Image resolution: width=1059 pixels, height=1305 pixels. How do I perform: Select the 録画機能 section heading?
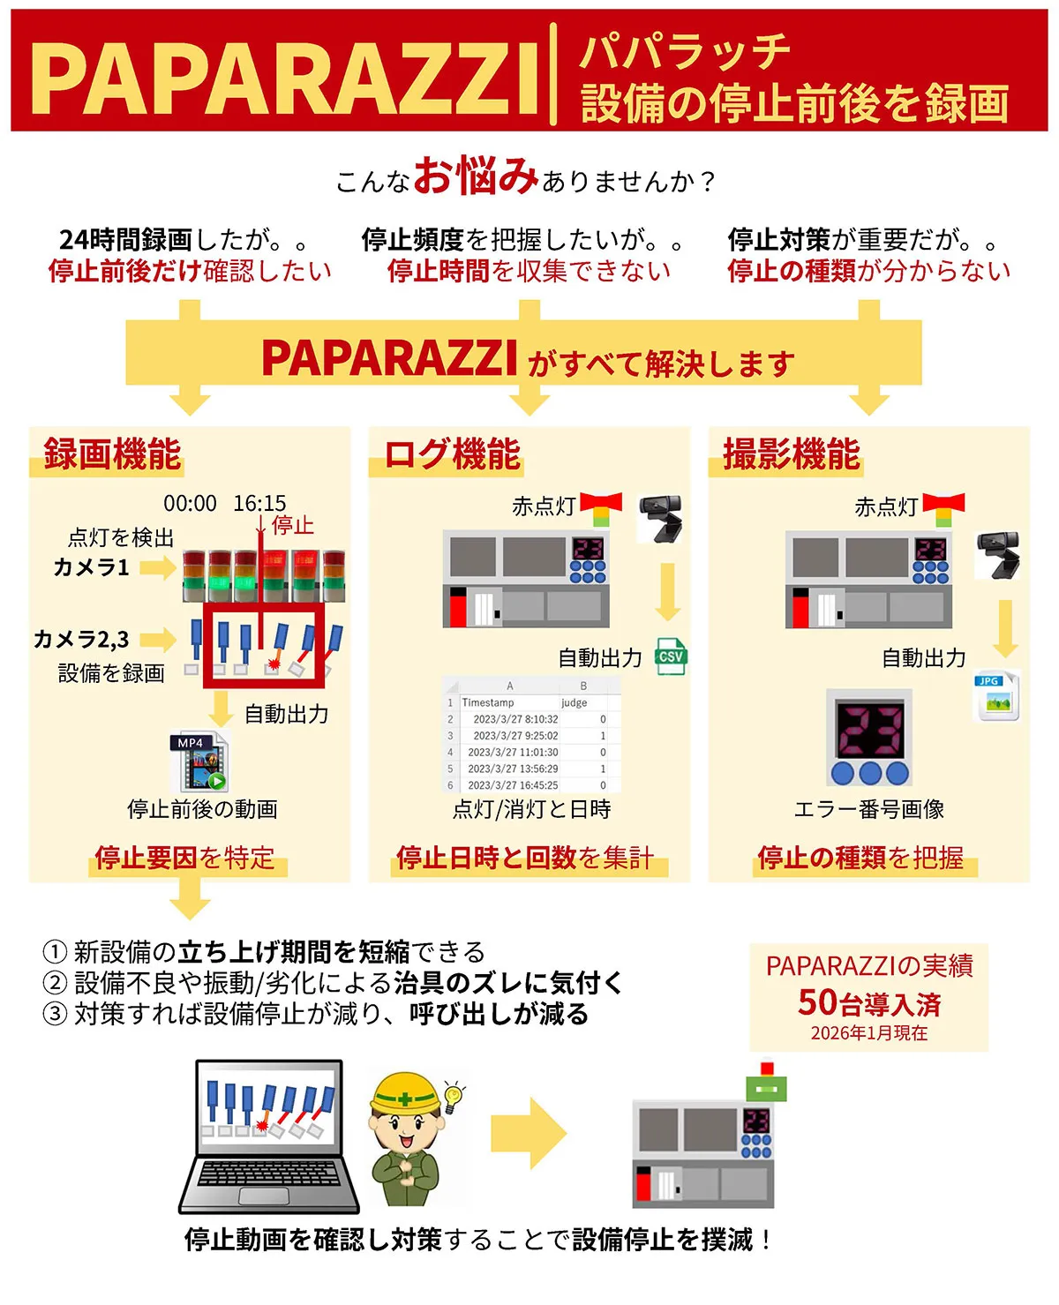[112, 454]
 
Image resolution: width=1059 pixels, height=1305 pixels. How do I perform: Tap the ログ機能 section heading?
[452, 454]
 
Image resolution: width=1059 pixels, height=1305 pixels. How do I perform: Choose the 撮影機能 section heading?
[791, 454]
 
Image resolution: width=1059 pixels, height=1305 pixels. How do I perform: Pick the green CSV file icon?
[671, 656]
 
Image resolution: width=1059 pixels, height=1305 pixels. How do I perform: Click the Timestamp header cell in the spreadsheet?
[488, 703]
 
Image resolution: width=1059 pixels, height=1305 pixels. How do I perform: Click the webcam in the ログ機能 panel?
[660, 518]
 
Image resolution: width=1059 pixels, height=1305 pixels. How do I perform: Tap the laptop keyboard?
[268, 1173]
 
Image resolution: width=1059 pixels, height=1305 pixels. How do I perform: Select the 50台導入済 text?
[869, 1003]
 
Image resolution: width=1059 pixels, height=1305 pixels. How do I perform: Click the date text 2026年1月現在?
[869, 1033]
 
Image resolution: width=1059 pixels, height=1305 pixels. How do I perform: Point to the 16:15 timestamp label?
[259, 504]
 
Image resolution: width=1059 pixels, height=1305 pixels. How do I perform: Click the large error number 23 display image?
[869, 737]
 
